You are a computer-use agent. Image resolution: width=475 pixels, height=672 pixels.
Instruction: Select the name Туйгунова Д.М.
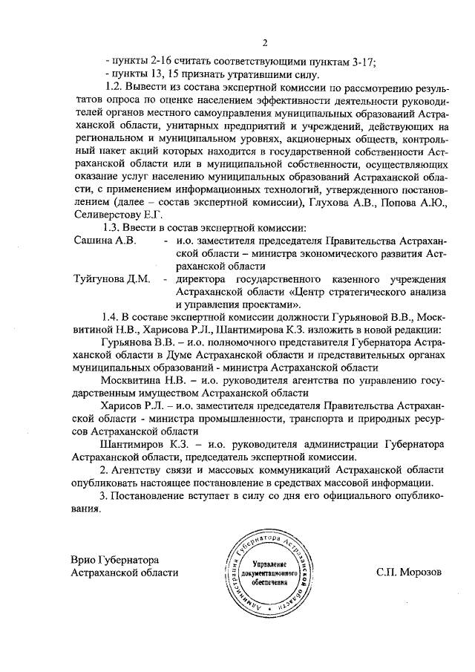coord(111,278)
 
